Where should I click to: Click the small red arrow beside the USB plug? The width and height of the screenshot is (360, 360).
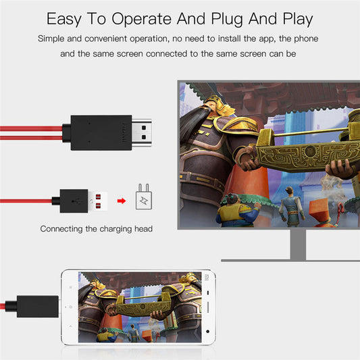coord(122,201)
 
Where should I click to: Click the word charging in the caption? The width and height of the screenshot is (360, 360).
coord(113,229)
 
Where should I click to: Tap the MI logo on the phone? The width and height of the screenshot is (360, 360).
coord(207,277)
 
